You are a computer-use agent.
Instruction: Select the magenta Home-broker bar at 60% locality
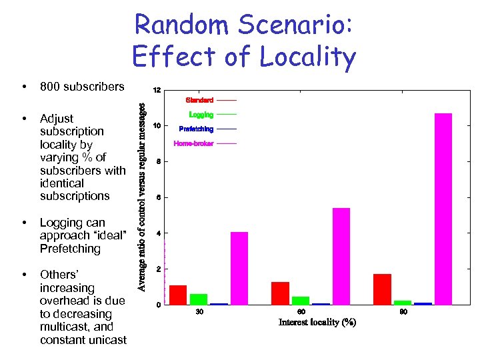(x=341, y=256)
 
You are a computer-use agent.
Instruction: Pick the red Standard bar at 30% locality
(x=178, y=295)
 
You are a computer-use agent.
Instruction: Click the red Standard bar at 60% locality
(x=280, y=293)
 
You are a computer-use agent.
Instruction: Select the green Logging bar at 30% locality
(x=199, y=299)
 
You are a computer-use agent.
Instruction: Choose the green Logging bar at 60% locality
(x=301, y=300)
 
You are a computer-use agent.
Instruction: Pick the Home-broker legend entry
(x=193, y=143)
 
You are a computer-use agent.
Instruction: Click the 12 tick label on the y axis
(x=156, y=90)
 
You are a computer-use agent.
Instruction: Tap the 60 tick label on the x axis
(x=301, y=312)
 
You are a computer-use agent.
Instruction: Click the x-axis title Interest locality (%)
(x=317, y=323)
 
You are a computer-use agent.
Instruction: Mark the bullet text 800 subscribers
(x=82, y=87)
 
